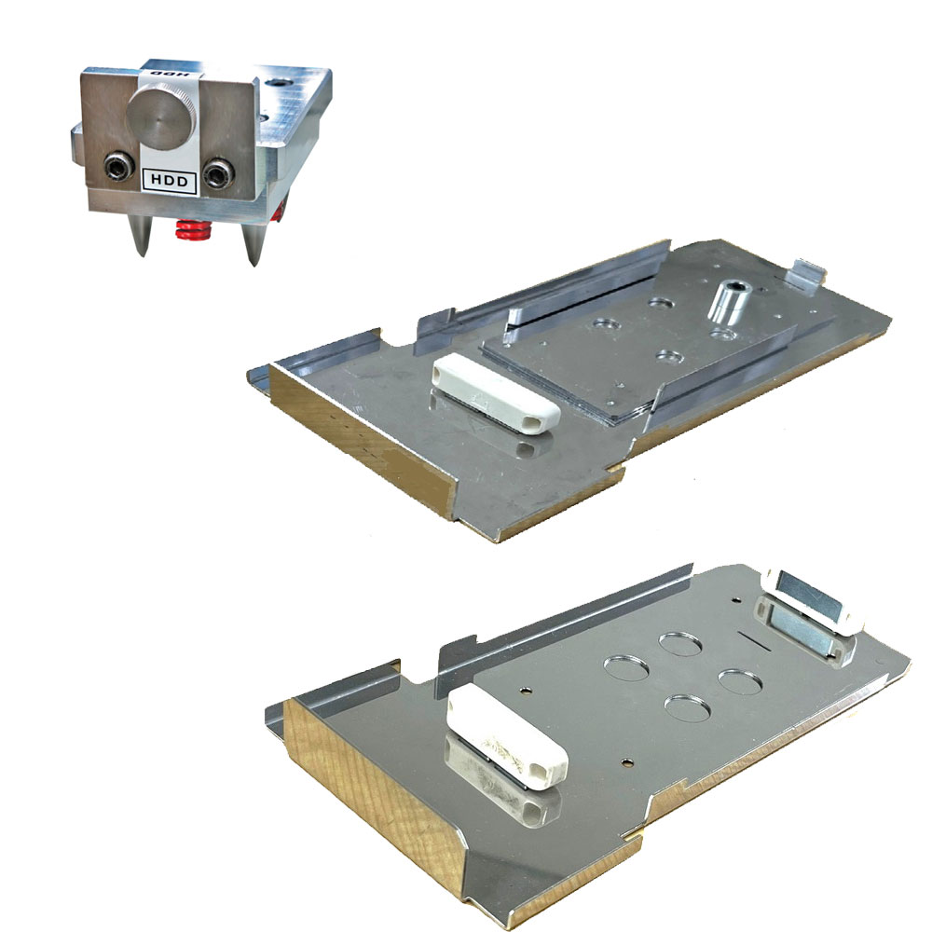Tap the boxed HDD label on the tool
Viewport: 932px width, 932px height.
click(x=170, y=181)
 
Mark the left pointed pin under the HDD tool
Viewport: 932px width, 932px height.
click(x=139, y=235)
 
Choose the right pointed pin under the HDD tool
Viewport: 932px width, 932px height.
click(x=252, y=240)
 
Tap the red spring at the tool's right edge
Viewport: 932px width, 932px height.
click(x=278, y=211)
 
